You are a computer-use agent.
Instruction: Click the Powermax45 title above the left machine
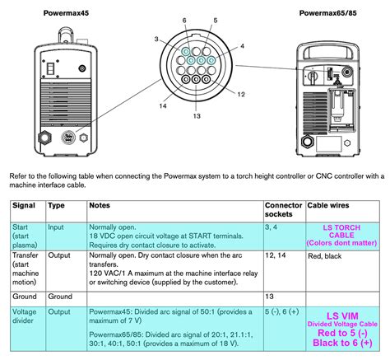coord(66,13)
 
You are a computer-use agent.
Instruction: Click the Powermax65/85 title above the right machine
coord(327,13)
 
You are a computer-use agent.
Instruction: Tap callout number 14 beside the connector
coord(163,105)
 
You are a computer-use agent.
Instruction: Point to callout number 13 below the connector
coord(197,116)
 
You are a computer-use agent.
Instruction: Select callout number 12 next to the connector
coord(241,94)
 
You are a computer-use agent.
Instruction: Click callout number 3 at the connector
coord(156,40)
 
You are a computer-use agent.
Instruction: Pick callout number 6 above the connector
coord(184,21)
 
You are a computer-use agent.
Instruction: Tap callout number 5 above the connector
coord(216,21)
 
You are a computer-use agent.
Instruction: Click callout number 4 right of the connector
coord(242,46)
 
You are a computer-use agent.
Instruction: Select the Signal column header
coord(24,205)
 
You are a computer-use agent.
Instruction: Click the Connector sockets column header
coord(283,210)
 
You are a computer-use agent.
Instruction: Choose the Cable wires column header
coord(328,205)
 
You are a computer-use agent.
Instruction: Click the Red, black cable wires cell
coord(325,256)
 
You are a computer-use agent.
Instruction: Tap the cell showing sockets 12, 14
coord(276,255)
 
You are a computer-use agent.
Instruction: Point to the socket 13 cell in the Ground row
coord(269,297)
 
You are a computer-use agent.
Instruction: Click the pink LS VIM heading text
coord(342,316)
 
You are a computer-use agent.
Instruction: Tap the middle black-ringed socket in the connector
coord(196,79)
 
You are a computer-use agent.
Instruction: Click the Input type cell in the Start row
coord(56,227)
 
